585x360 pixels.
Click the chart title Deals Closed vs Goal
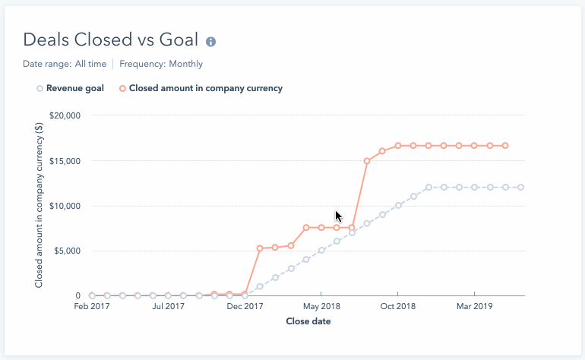[x=111, y=40]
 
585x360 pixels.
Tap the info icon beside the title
[x=210, y=41]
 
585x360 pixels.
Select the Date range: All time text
[x=65, y=64]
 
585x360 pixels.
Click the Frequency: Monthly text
[x=161, y=64]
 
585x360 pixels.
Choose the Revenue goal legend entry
[x=74, y=88]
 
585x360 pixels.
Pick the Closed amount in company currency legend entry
[x=205, y=88]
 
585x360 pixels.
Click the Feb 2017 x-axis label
[x=92, y=307]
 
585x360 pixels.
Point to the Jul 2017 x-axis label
[x=168, y=307]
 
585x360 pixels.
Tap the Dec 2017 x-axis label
[x=245, y=307]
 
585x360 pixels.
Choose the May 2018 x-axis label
[x=321, y=307]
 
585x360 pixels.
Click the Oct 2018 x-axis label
[x=397, y=307]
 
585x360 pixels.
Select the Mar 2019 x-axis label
[x=474, y=307]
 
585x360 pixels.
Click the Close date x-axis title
[x=308, y=321]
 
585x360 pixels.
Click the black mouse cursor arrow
[x=339, y=216]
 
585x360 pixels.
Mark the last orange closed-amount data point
[x=505, y=145]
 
